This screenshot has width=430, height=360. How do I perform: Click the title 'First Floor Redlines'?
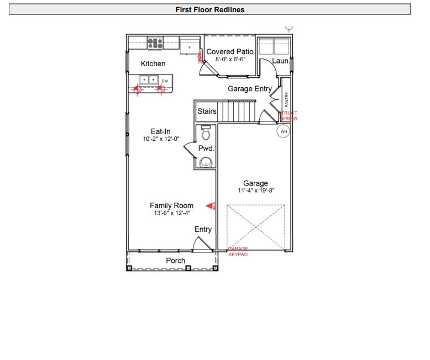coord(210,9)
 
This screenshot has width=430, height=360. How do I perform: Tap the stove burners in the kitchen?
coord(155,43)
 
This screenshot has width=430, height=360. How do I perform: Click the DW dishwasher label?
coord(165,81)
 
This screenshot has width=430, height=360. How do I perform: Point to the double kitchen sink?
coord(148,80)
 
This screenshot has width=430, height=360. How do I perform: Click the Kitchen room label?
coord(153,64)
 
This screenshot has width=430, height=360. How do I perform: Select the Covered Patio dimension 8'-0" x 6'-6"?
coord(230,59)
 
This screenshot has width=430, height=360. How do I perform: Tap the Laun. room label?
coord(281,61)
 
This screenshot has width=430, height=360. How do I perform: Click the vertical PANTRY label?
coord(286,100)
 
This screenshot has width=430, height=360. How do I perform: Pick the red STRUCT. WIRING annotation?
coord(289,115)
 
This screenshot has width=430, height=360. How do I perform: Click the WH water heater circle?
coord(284,132)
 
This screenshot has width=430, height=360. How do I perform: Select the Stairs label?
coord(207,112)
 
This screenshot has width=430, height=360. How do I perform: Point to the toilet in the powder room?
coord(206,133)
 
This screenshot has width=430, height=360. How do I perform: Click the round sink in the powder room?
coord(206,162)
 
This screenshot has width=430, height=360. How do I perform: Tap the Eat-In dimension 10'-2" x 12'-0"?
coord(160,139)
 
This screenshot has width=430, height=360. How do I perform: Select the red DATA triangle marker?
coord(211,206)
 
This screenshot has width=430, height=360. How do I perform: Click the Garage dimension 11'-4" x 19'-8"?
coord(255,190)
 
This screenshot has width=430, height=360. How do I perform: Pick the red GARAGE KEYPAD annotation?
coord(238,252)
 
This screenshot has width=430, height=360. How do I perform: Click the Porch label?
coord(176,261)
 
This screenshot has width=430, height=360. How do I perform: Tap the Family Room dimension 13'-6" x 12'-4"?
coord(171,213)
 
